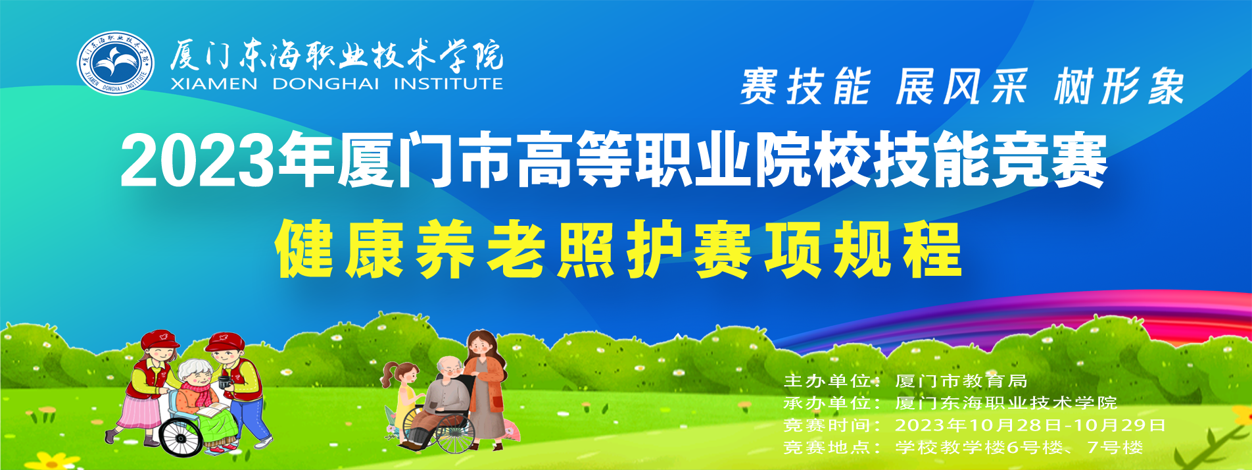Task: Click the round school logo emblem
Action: click(x=116, y=63)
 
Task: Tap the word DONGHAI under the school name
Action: click(x=325, y=84)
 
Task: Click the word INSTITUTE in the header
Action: click(x=448, y=84)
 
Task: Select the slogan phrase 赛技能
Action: click(x=806, y=86)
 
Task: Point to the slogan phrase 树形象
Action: click(x=1119, y=86)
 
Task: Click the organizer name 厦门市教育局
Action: click(x=961, y=381)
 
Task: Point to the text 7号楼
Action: click(x=1115, y=448)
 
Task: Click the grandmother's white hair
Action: click(x=195, y=370)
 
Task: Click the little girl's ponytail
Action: click(x=389, y=375)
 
